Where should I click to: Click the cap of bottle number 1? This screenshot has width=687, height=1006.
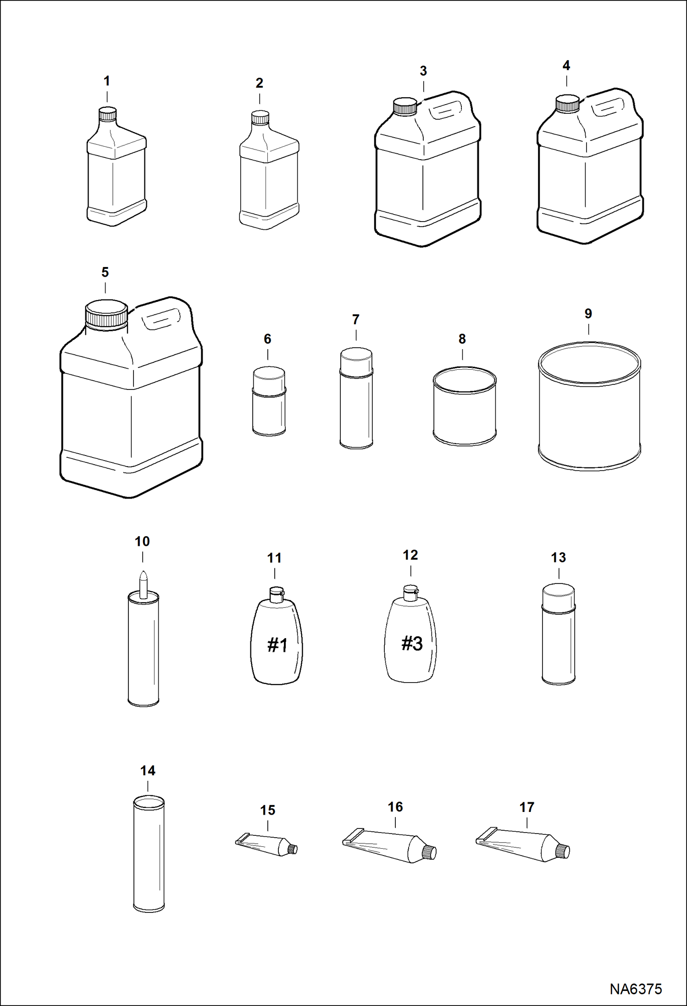point(108,114)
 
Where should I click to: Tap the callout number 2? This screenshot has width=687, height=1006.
point(259,83)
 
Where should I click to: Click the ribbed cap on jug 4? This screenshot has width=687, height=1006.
point(567,104)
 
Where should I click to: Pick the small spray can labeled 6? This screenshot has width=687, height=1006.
point(269,402)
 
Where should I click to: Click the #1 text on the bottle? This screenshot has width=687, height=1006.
point(277,645)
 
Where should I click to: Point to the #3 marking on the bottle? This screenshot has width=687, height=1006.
point(412,643)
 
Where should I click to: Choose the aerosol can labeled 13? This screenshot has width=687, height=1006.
point(559,635)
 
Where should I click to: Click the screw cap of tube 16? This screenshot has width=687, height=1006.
point(429,852)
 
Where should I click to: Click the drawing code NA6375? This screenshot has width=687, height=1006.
point(636,989)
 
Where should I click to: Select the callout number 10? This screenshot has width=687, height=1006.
point(142,541)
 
